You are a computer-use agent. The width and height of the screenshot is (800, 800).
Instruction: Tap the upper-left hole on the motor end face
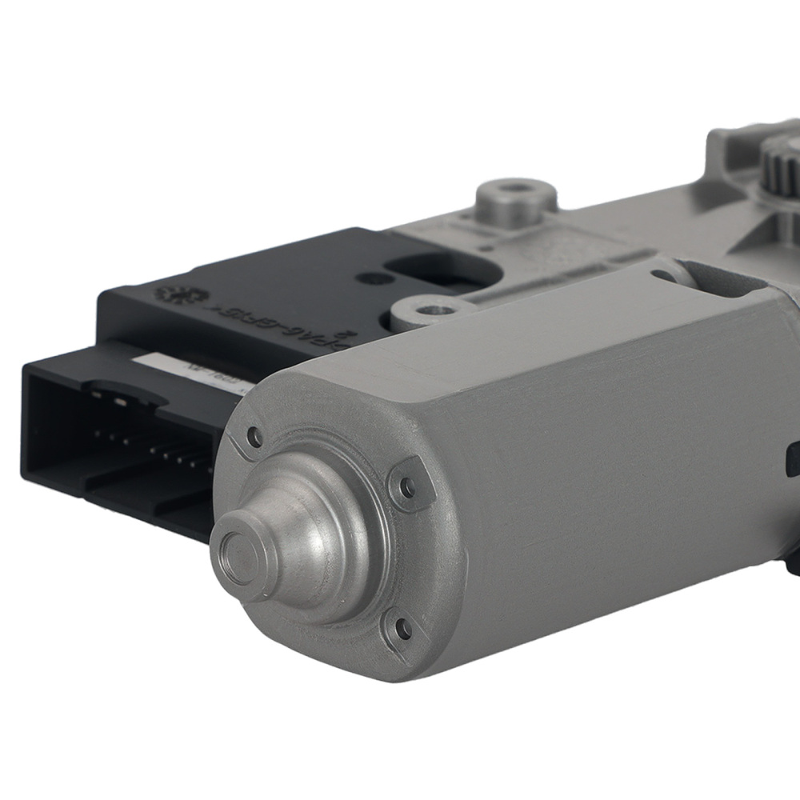pyautogui.click(x=255, y=436)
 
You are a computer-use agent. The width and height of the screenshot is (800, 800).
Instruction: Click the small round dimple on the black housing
pyautogui.click(x=370, y=278)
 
